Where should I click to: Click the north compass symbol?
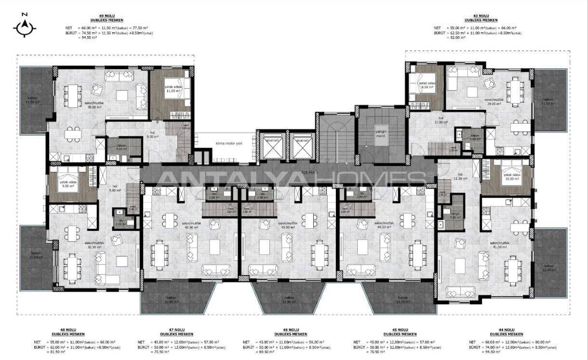point(25,27)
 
